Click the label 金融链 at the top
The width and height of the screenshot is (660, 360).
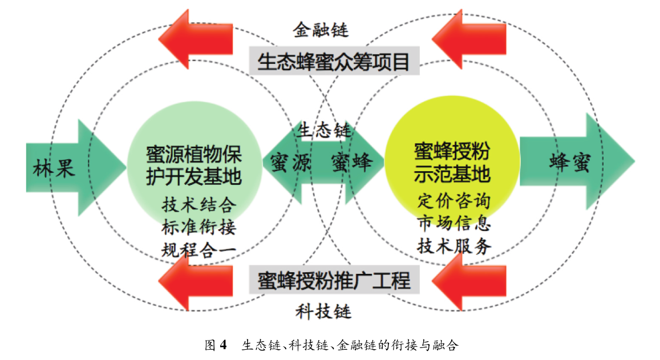point(321,29)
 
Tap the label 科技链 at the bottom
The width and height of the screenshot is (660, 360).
point(323,312)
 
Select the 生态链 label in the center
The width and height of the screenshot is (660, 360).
point(323,131)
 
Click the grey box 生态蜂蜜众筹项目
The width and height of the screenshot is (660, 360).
point(334,62)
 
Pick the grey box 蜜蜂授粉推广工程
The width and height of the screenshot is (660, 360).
point(334,281)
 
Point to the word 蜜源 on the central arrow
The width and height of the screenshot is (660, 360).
point(290,163)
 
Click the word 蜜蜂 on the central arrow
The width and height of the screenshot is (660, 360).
point(351,163)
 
